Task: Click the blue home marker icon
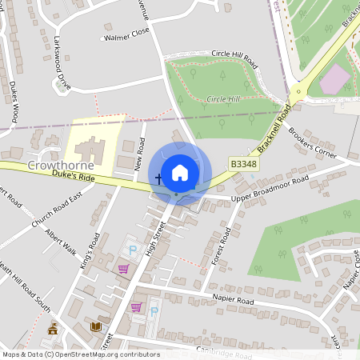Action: point(180,172)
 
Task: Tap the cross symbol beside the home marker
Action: point(158,178)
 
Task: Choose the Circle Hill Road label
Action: point(235,58)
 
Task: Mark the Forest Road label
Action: point(219,250)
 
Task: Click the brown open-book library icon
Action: point(97,327)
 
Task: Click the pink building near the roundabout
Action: point(334,78)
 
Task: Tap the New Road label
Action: point(141,155)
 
